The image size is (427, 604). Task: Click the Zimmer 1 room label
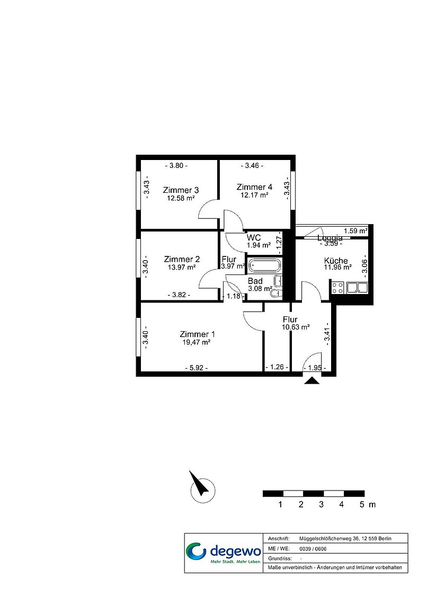(x=197, y=334)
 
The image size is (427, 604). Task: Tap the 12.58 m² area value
(x=181, y=198)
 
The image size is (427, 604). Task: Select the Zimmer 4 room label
(x=254, y=187)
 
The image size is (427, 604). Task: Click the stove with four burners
(x=337, y=288)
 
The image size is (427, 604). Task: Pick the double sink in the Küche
(x=357, y=288)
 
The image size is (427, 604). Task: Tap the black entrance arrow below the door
(x=312, y=380)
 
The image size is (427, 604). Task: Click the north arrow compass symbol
(x=201, y=487)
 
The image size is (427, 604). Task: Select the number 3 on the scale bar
(x=321, y=504)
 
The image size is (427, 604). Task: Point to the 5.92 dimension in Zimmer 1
(x=197, y=368)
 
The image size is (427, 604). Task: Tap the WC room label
(x=254, y=238)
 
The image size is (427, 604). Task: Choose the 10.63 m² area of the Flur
(x=296, y=327)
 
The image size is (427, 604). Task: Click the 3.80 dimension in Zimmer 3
(x=176, y=166)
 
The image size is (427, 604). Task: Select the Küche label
(x=336, y=260)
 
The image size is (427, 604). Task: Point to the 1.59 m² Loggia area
(x=356, y=231)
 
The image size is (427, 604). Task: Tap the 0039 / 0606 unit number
(x=313, y=548)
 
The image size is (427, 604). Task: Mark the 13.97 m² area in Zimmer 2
(x=182, y=268)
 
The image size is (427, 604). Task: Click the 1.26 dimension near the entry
(x=277, y=367)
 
